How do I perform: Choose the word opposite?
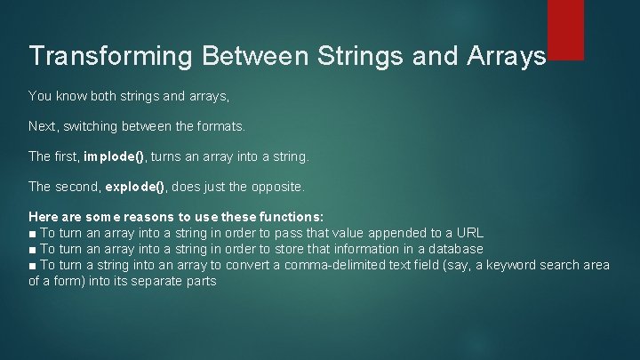point(276,188)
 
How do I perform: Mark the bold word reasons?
point(113,217)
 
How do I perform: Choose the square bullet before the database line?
point(33,250)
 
